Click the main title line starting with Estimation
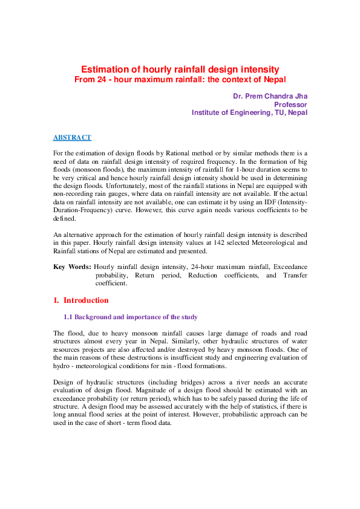click(180, 70)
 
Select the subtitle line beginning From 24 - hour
click(180, 80)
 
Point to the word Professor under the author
click(290, 105)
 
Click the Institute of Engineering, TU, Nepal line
click(249, 112)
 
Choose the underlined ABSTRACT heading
click(72, 138)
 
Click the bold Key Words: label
click(72, 267)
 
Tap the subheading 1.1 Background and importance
click(130, 317)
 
